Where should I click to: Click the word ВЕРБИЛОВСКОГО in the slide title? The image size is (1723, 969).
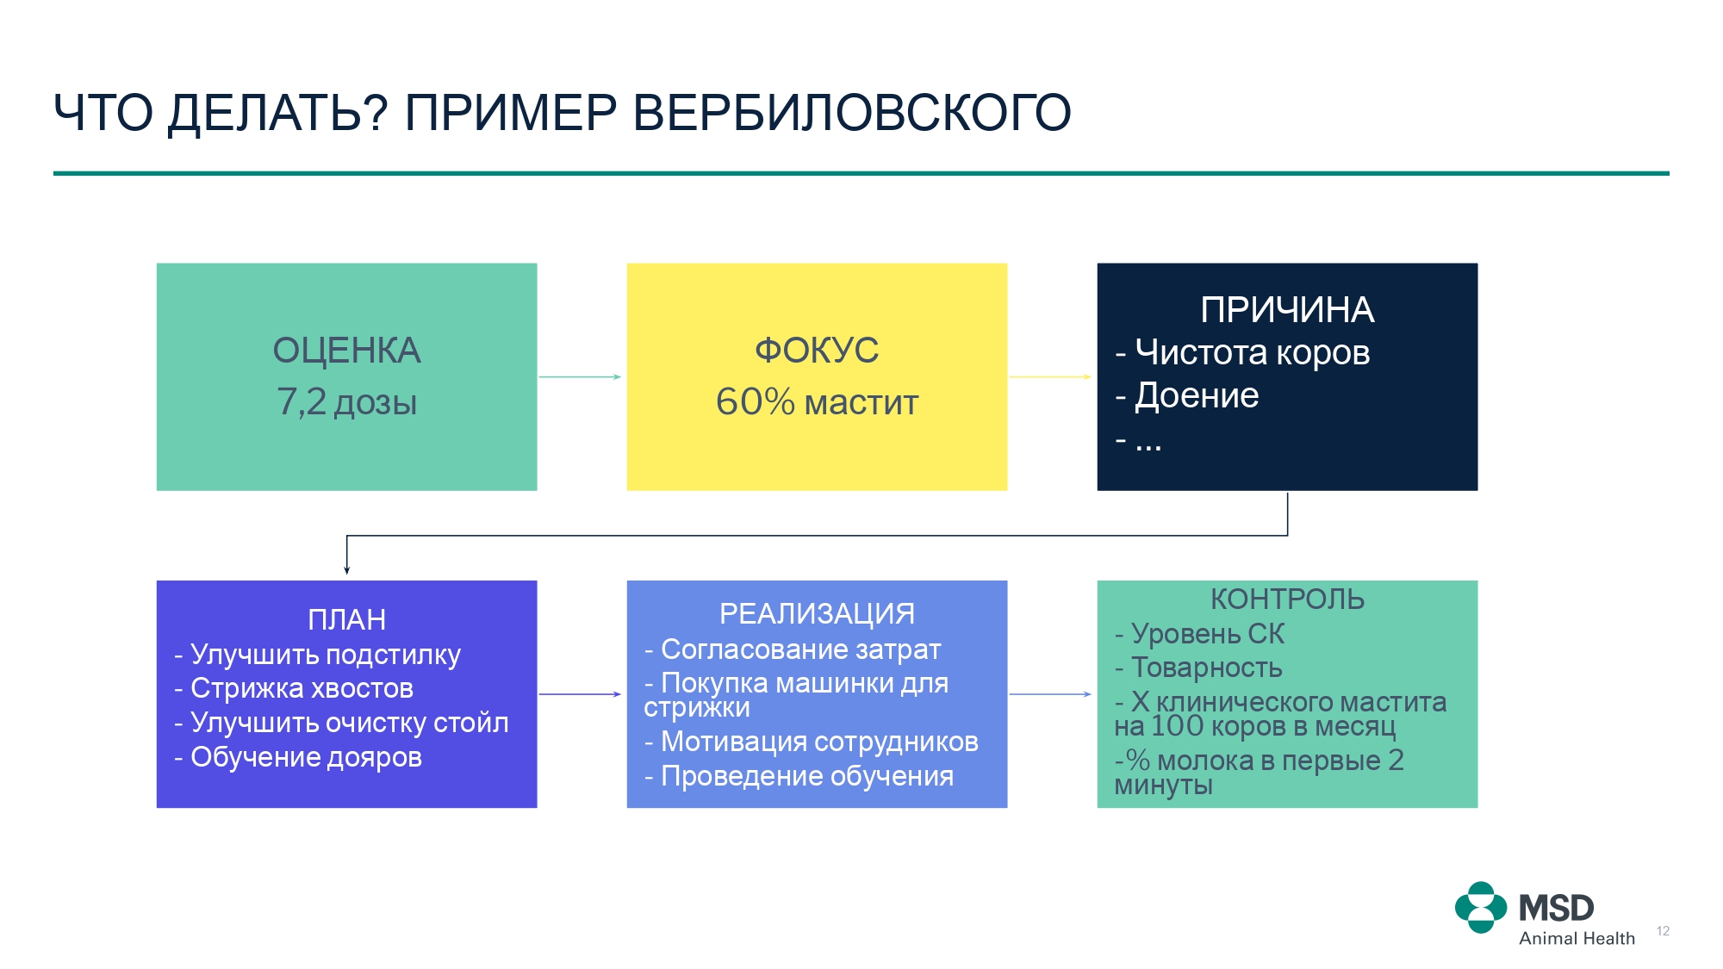coord(852,113)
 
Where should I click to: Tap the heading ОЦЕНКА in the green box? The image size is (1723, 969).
coord(346,351)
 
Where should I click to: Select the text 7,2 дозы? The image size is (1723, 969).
coord(346,402)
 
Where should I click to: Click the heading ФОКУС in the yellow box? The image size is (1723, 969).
coord(817,351)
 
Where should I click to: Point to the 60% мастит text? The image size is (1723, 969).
coord(817,402)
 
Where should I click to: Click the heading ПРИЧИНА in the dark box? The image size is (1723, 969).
coord(1287,310)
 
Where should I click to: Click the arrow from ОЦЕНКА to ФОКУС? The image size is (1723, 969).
coord(580,376)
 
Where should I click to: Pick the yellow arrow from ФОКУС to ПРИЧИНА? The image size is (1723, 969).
coord(1050,376)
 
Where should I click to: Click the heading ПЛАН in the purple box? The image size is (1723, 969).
coord(346,620)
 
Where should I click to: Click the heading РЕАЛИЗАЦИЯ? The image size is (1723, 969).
coord(817,614)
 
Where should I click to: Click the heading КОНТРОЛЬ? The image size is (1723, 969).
coord(1287,599)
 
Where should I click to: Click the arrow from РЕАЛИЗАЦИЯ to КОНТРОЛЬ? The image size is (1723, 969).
coord(1050,694)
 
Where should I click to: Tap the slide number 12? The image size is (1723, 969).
coord(1663,931)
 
